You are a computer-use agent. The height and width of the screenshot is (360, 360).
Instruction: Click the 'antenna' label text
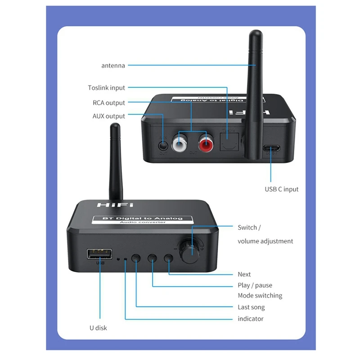[113, 65]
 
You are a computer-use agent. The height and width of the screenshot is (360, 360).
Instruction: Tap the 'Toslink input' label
[107, 88]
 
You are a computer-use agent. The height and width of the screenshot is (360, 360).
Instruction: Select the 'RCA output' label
[109, 103]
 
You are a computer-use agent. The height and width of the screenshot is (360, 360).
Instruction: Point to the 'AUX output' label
[109, 116]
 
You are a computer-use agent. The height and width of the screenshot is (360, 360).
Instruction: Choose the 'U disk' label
[98, 328]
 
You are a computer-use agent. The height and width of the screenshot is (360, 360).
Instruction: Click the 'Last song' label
[251, 307]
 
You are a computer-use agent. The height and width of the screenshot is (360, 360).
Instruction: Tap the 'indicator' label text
[251, 319]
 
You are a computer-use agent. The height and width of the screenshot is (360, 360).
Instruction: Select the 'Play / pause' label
[255, 285]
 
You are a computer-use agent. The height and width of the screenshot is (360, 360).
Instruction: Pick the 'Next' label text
[244, 274]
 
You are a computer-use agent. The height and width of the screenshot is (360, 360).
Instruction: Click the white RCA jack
[183, 144]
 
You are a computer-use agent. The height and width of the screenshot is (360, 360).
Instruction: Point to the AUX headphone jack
[163, 146]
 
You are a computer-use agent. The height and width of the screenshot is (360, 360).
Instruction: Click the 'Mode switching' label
[260, 296]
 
